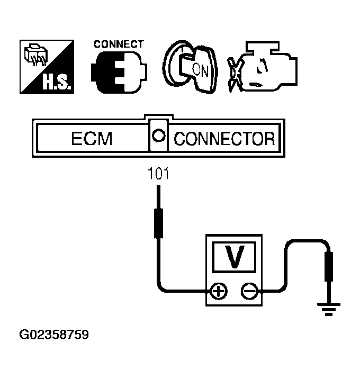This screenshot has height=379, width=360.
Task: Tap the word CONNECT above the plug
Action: [x=119, y=44]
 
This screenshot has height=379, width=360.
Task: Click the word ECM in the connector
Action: [x=92, y=139]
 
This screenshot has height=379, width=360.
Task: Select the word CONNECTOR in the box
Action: [x=224, y=139]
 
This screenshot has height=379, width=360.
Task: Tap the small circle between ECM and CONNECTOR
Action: [x=157, y=136]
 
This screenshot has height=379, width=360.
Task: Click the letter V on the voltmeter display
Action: [x=234, y=257]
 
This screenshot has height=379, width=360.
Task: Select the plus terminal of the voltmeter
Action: [x=218, y=291]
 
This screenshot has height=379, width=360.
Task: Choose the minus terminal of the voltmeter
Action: [x=249, y=291]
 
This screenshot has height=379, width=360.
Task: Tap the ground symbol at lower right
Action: [x=329, y=308]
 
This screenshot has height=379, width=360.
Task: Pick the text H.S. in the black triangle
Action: [x=57, y=82]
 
